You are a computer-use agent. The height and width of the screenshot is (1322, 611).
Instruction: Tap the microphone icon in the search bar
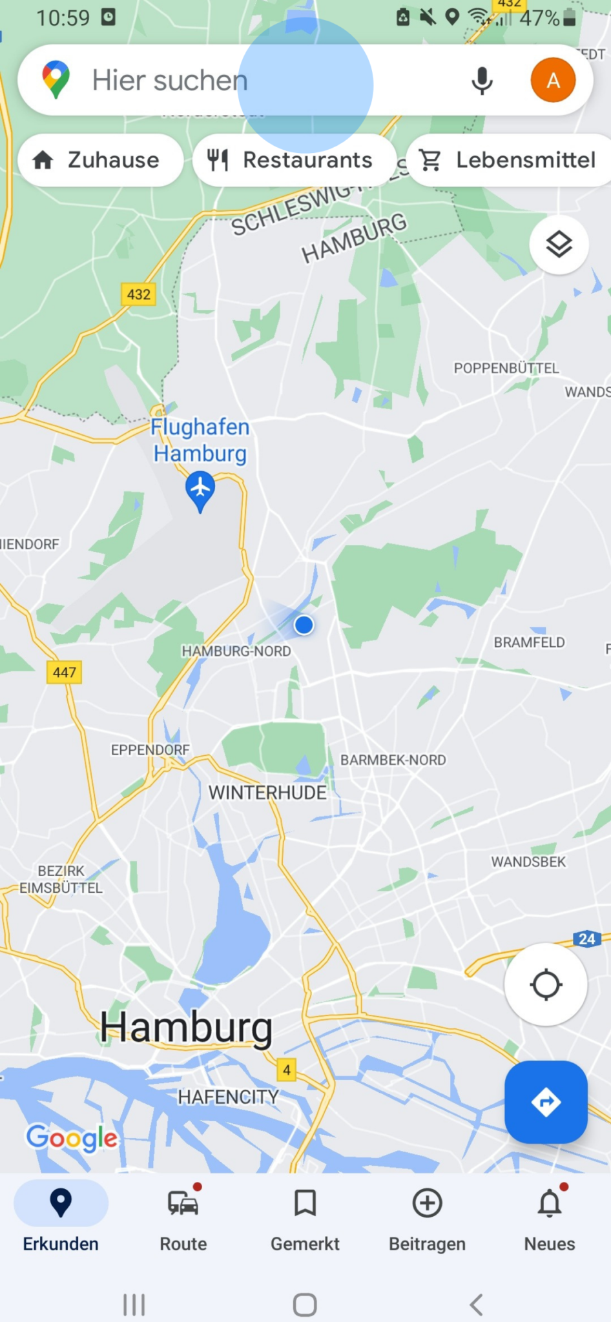482,81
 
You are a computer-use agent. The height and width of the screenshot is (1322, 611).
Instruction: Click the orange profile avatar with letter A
553,80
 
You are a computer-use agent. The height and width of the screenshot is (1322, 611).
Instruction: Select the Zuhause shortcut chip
100,160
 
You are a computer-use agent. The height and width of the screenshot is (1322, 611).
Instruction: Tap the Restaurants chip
294,160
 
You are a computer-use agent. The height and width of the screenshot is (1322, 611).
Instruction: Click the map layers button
559,245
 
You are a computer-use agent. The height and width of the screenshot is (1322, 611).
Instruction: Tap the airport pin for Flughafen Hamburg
200,489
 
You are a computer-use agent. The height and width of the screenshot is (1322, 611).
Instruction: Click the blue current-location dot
304,625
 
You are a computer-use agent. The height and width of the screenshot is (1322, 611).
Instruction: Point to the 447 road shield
65,672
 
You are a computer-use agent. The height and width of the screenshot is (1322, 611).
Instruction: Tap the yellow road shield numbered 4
286,1070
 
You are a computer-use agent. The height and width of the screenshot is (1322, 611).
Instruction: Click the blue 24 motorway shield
586,939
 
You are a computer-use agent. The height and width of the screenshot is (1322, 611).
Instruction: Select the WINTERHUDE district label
267,792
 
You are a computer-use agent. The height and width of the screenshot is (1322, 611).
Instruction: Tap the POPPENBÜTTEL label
506,368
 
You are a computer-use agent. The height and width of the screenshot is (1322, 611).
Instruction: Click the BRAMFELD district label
529,642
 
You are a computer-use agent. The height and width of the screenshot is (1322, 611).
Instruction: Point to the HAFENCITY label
228,1097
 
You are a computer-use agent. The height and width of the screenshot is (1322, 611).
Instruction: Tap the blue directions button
546,1102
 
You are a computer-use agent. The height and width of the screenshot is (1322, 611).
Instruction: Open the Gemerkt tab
305,1217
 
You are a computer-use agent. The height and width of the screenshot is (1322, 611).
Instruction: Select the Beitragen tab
427,1217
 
